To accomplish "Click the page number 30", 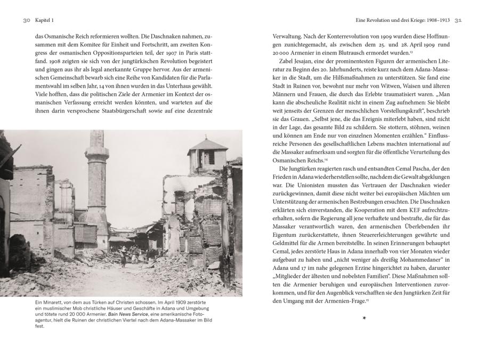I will point(27,20).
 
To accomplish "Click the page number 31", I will point(458,20).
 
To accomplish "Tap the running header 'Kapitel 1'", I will point(45,20).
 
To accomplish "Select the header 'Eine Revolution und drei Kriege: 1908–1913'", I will point(403,20).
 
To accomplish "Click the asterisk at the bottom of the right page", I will point(364,318).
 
